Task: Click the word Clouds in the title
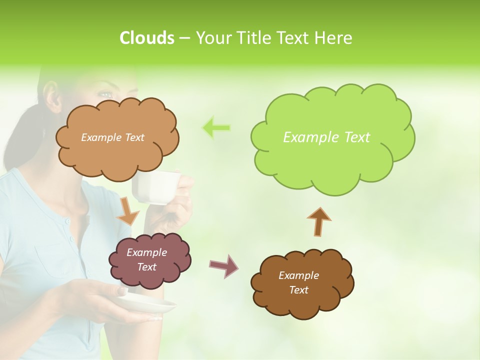(x=146, y=38)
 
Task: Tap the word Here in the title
(x=334, y=38)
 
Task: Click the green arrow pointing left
(x=216, y=128)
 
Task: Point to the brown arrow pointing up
(x=318, y=221)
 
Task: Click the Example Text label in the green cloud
(x=326, y=137)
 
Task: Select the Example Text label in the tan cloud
(x=112, y=137)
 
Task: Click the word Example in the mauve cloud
(x=146, y=252)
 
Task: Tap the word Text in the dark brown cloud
(x=298, y=290)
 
